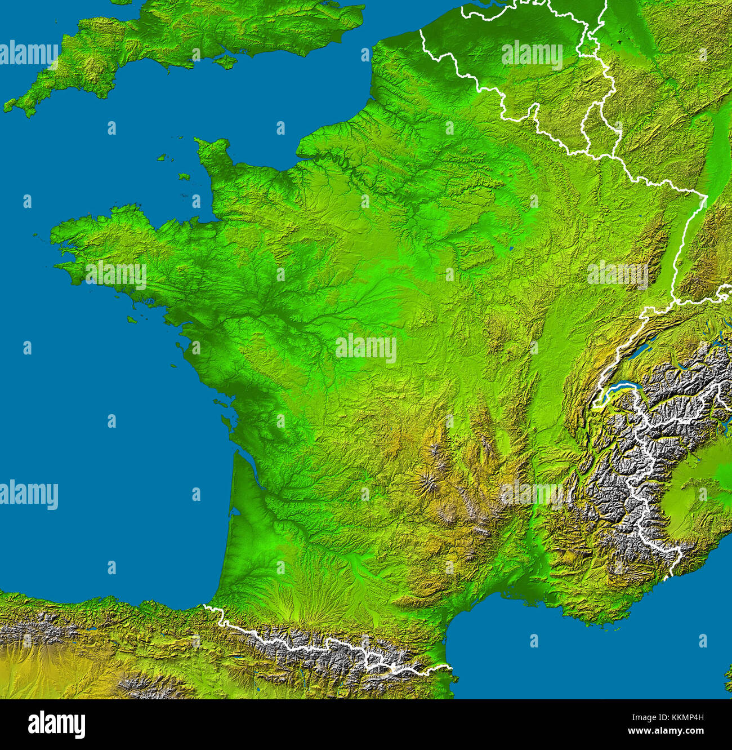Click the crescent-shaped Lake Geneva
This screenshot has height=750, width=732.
pyautogui.click(x=619, y=387)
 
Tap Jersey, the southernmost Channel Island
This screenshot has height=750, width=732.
pyautogui.click(x=184, y=176)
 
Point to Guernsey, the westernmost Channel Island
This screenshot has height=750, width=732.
pyautogui.click(x=163, y=158)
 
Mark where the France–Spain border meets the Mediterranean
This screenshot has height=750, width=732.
pyautogui.click(x=450, y=668)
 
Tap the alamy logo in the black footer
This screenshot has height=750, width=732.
pyautogui.click(x=56, y=725)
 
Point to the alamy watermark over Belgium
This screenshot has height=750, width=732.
pyautogui.click(x=532, y=55)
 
